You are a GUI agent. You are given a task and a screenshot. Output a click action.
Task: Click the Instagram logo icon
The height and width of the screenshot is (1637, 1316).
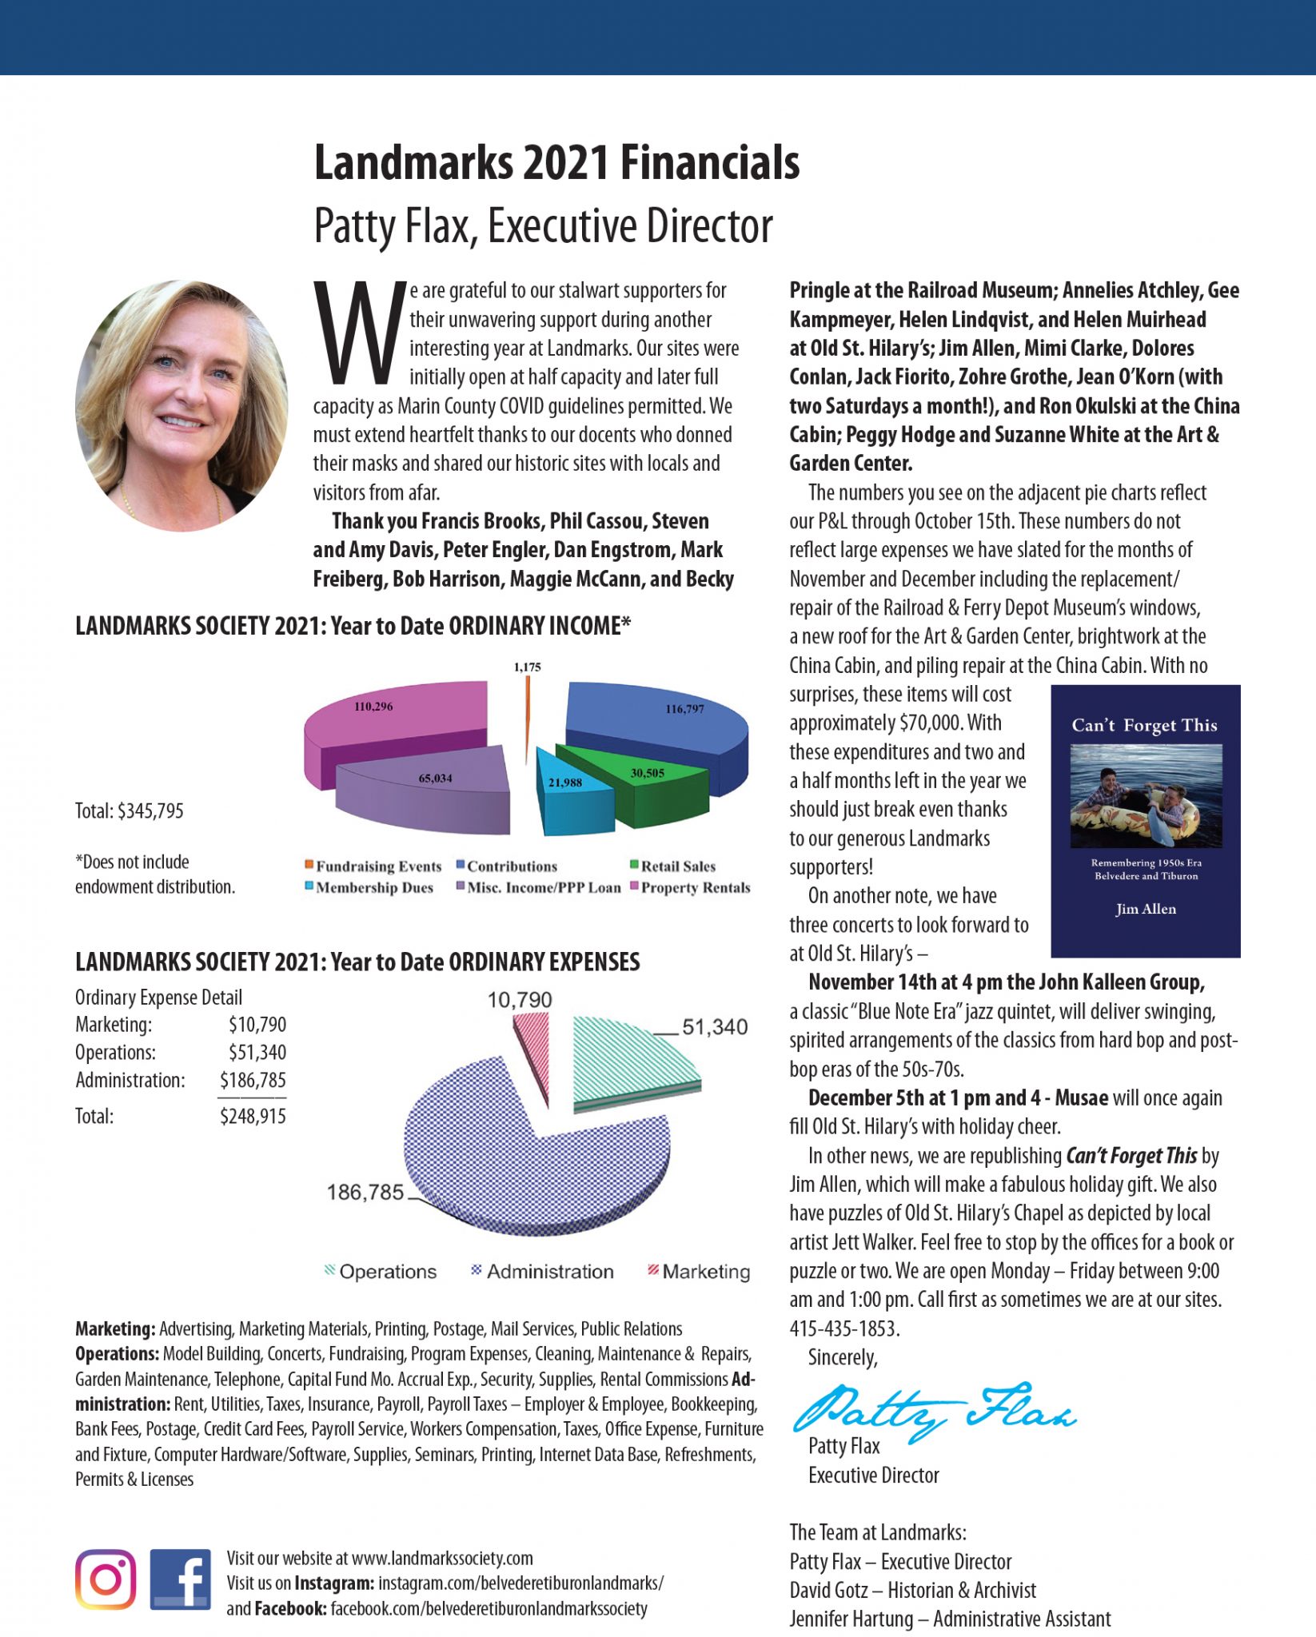(106, 1579)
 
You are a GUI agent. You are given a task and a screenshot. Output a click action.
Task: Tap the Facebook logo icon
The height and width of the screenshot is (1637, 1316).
(181, 1579)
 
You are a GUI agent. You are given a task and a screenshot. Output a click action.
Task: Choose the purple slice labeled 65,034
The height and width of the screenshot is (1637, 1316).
(432, 787)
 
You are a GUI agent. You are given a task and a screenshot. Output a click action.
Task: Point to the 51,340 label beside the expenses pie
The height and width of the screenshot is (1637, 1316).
(714, 1027)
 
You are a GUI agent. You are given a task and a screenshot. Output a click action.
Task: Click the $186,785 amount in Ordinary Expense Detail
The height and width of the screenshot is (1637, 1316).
(253, 1080)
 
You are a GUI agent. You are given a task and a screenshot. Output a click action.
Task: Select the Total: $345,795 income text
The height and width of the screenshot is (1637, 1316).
(130, 811)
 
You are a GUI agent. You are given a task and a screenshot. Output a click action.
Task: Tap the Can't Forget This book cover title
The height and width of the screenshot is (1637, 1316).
(1144, 725)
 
